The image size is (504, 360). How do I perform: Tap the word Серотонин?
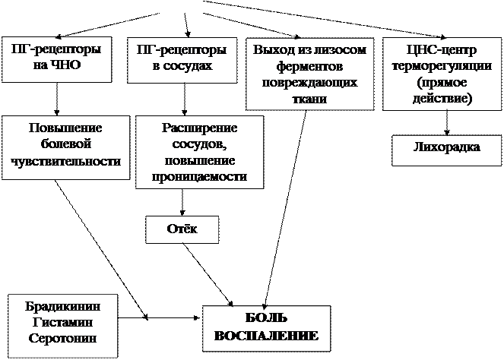[63, 336]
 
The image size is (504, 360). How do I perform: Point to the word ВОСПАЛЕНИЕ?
[267, 335]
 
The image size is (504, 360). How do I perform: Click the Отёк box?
[182, 229]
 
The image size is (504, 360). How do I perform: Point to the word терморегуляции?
[441, 67]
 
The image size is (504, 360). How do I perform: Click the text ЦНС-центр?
[441, 51]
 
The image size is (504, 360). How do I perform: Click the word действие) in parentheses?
[441, 99]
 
